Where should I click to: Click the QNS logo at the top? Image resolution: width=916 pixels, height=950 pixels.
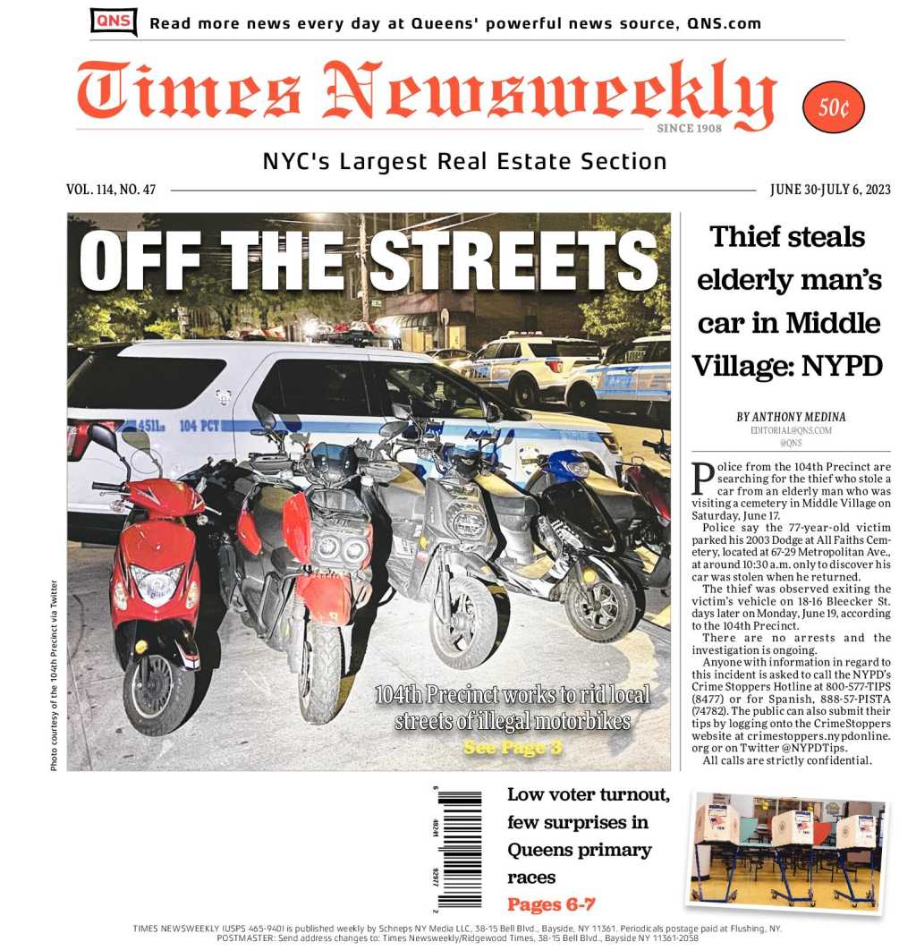pos(114,21)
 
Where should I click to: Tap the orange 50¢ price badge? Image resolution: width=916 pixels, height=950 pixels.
pos(834,107)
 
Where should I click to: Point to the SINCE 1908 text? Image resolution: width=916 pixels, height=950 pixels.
pos(689,129)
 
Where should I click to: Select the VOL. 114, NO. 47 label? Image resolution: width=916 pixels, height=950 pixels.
pos(110,190)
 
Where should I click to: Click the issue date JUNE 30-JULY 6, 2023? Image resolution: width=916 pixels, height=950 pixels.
pos(829,190)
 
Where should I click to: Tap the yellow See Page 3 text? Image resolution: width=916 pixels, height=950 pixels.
pos(513,747)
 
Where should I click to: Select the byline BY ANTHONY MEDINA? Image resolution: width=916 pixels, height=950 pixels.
pos(791,417)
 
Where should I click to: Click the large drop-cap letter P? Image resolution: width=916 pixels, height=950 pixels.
pos(703,479)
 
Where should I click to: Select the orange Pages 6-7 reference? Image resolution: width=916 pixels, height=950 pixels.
pos(551,903)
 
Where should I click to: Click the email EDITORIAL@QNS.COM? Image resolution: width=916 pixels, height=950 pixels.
pos(791,430)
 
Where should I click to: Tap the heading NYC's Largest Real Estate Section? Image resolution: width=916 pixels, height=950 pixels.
pos(464,162)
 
